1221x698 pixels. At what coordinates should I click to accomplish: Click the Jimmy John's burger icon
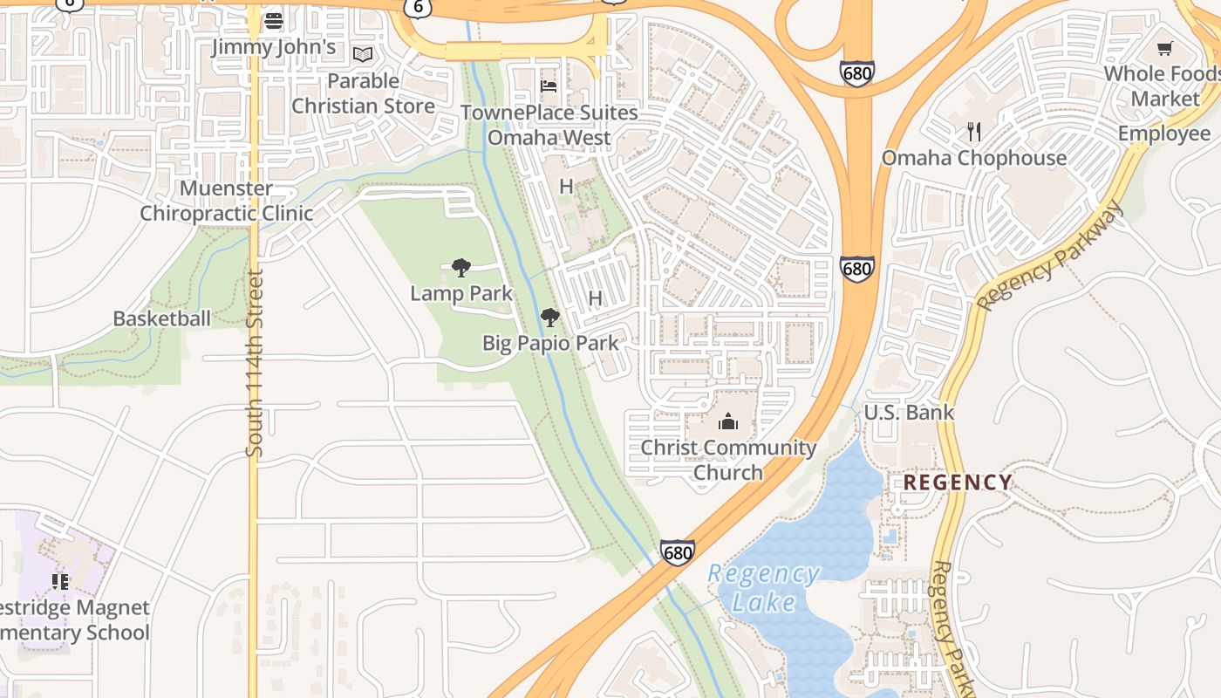coord(274,20)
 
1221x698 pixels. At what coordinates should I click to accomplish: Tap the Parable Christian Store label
coord(363,93)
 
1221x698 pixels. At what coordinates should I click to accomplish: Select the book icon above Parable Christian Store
coord(363,55)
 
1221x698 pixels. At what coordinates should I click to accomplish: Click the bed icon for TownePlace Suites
coord(549,86)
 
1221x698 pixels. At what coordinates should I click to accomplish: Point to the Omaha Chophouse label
coord(973,158)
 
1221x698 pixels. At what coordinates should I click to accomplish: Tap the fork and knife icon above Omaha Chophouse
coord(974,132)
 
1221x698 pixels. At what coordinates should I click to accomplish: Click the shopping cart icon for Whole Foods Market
coord(1164,48)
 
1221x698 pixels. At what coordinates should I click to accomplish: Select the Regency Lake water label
coord(763,587)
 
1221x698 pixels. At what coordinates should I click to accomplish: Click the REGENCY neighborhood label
coord(958,482)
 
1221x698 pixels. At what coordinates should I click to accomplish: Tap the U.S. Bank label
coord(909,412)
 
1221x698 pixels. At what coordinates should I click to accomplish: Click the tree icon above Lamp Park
coord(461,268)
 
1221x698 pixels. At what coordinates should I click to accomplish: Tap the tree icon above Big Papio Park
coord(549,318)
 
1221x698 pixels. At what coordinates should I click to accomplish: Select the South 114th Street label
coord(254,362)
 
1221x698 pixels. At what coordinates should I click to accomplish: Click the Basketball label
coord(161,318)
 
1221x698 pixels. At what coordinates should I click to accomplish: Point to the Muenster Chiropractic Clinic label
coord(227,201)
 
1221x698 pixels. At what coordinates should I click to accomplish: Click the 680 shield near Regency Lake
coord(678,552)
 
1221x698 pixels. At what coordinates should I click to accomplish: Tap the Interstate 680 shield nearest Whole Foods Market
coord(857,73)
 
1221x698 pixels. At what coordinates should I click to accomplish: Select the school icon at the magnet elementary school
coord(60,581)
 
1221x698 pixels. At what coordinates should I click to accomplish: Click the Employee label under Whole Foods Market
coord(1163,133)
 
